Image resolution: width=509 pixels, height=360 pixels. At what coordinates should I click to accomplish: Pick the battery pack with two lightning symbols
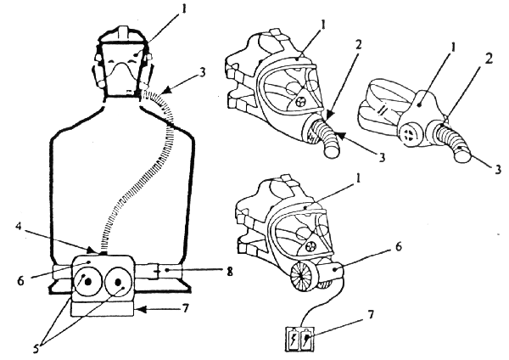(x=300, y=340)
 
